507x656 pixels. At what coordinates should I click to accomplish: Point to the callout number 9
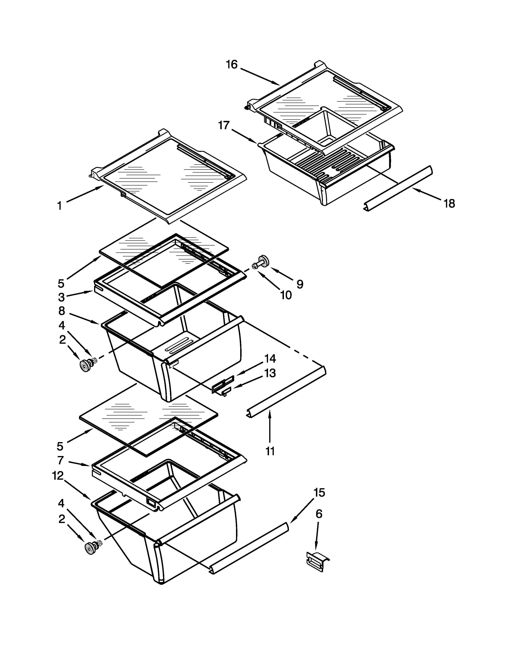coord(300,284)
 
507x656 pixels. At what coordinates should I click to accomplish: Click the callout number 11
coord(270,451)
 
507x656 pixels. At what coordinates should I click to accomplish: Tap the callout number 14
coord(270,358)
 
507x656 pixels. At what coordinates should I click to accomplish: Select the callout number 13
coord(270,373)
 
